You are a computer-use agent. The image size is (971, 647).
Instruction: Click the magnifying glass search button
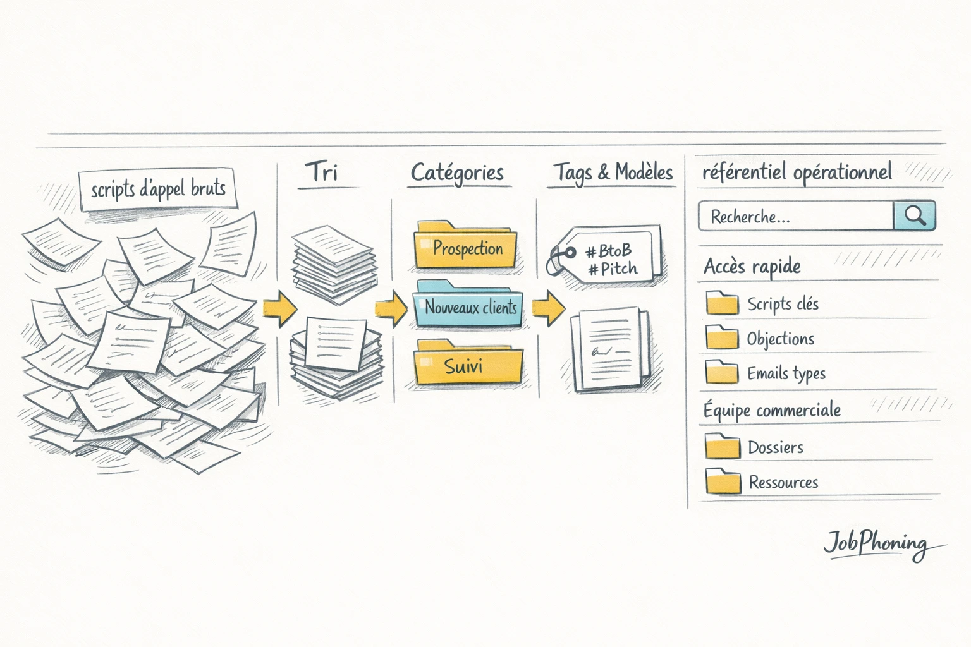click(x=915, y=216)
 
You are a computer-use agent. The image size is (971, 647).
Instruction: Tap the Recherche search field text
click(x=750, y=217)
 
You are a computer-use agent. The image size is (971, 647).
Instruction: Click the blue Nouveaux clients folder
click(x=469, y=306)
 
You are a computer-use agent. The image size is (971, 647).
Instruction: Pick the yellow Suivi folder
click(x=468, y=365)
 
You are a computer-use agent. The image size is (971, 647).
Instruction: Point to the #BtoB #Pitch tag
click(x=609, y=259)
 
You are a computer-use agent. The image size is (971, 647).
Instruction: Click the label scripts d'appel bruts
click(x=158, y=189)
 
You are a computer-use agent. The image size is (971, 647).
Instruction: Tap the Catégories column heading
click(x=457, y=172)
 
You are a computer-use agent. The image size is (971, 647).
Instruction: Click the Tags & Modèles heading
click(x=613, y=172)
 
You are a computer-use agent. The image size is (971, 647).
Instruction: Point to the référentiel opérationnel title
click(x=797, y=172)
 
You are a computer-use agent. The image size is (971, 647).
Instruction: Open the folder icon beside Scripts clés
click(x=722, y=303)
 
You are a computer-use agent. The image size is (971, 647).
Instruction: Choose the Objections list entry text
click(x=780, y=339)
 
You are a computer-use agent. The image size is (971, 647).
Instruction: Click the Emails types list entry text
click(x=786, y=373)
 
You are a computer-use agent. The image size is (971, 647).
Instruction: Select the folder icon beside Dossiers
click(x=722, y=446)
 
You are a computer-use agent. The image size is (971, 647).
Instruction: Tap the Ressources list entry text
click(x=783, y=482)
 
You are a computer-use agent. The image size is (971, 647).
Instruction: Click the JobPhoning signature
click(x=876, y=543)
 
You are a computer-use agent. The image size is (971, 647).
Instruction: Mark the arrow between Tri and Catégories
click(x=392, y=308)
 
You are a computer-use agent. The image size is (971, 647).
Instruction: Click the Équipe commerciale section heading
click(x=772, y=410)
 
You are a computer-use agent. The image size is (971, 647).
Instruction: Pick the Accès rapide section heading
click(x=752, y=267)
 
